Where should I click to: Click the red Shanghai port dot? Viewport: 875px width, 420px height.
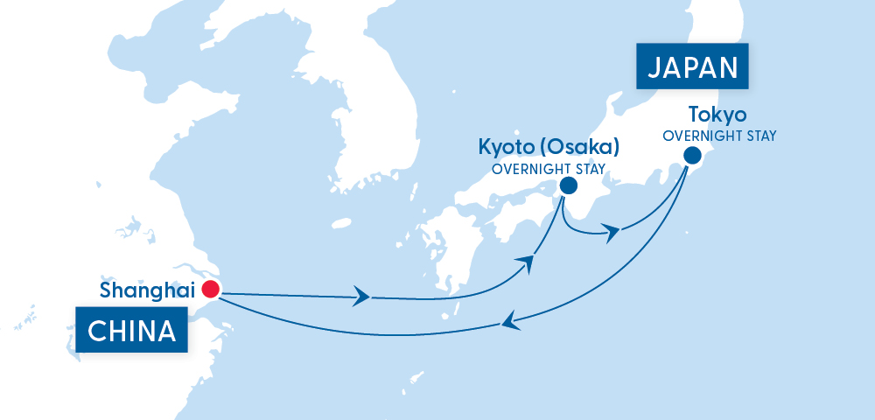[210, 290]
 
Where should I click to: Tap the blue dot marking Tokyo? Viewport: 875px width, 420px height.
[692, 157]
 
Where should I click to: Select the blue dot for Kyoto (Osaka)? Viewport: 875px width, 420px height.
[568, 185]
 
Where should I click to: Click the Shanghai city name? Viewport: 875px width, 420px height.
[147, 290]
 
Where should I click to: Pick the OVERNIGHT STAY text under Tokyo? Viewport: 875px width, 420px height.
[719, 136]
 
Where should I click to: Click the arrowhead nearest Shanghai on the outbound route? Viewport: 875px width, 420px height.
[360, 297]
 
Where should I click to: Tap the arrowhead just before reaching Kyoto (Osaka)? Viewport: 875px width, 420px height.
[527, 260]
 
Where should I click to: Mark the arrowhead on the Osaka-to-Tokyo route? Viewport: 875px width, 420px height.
[612, 232]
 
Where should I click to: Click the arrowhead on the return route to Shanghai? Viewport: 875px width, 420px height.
[508, 323]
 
